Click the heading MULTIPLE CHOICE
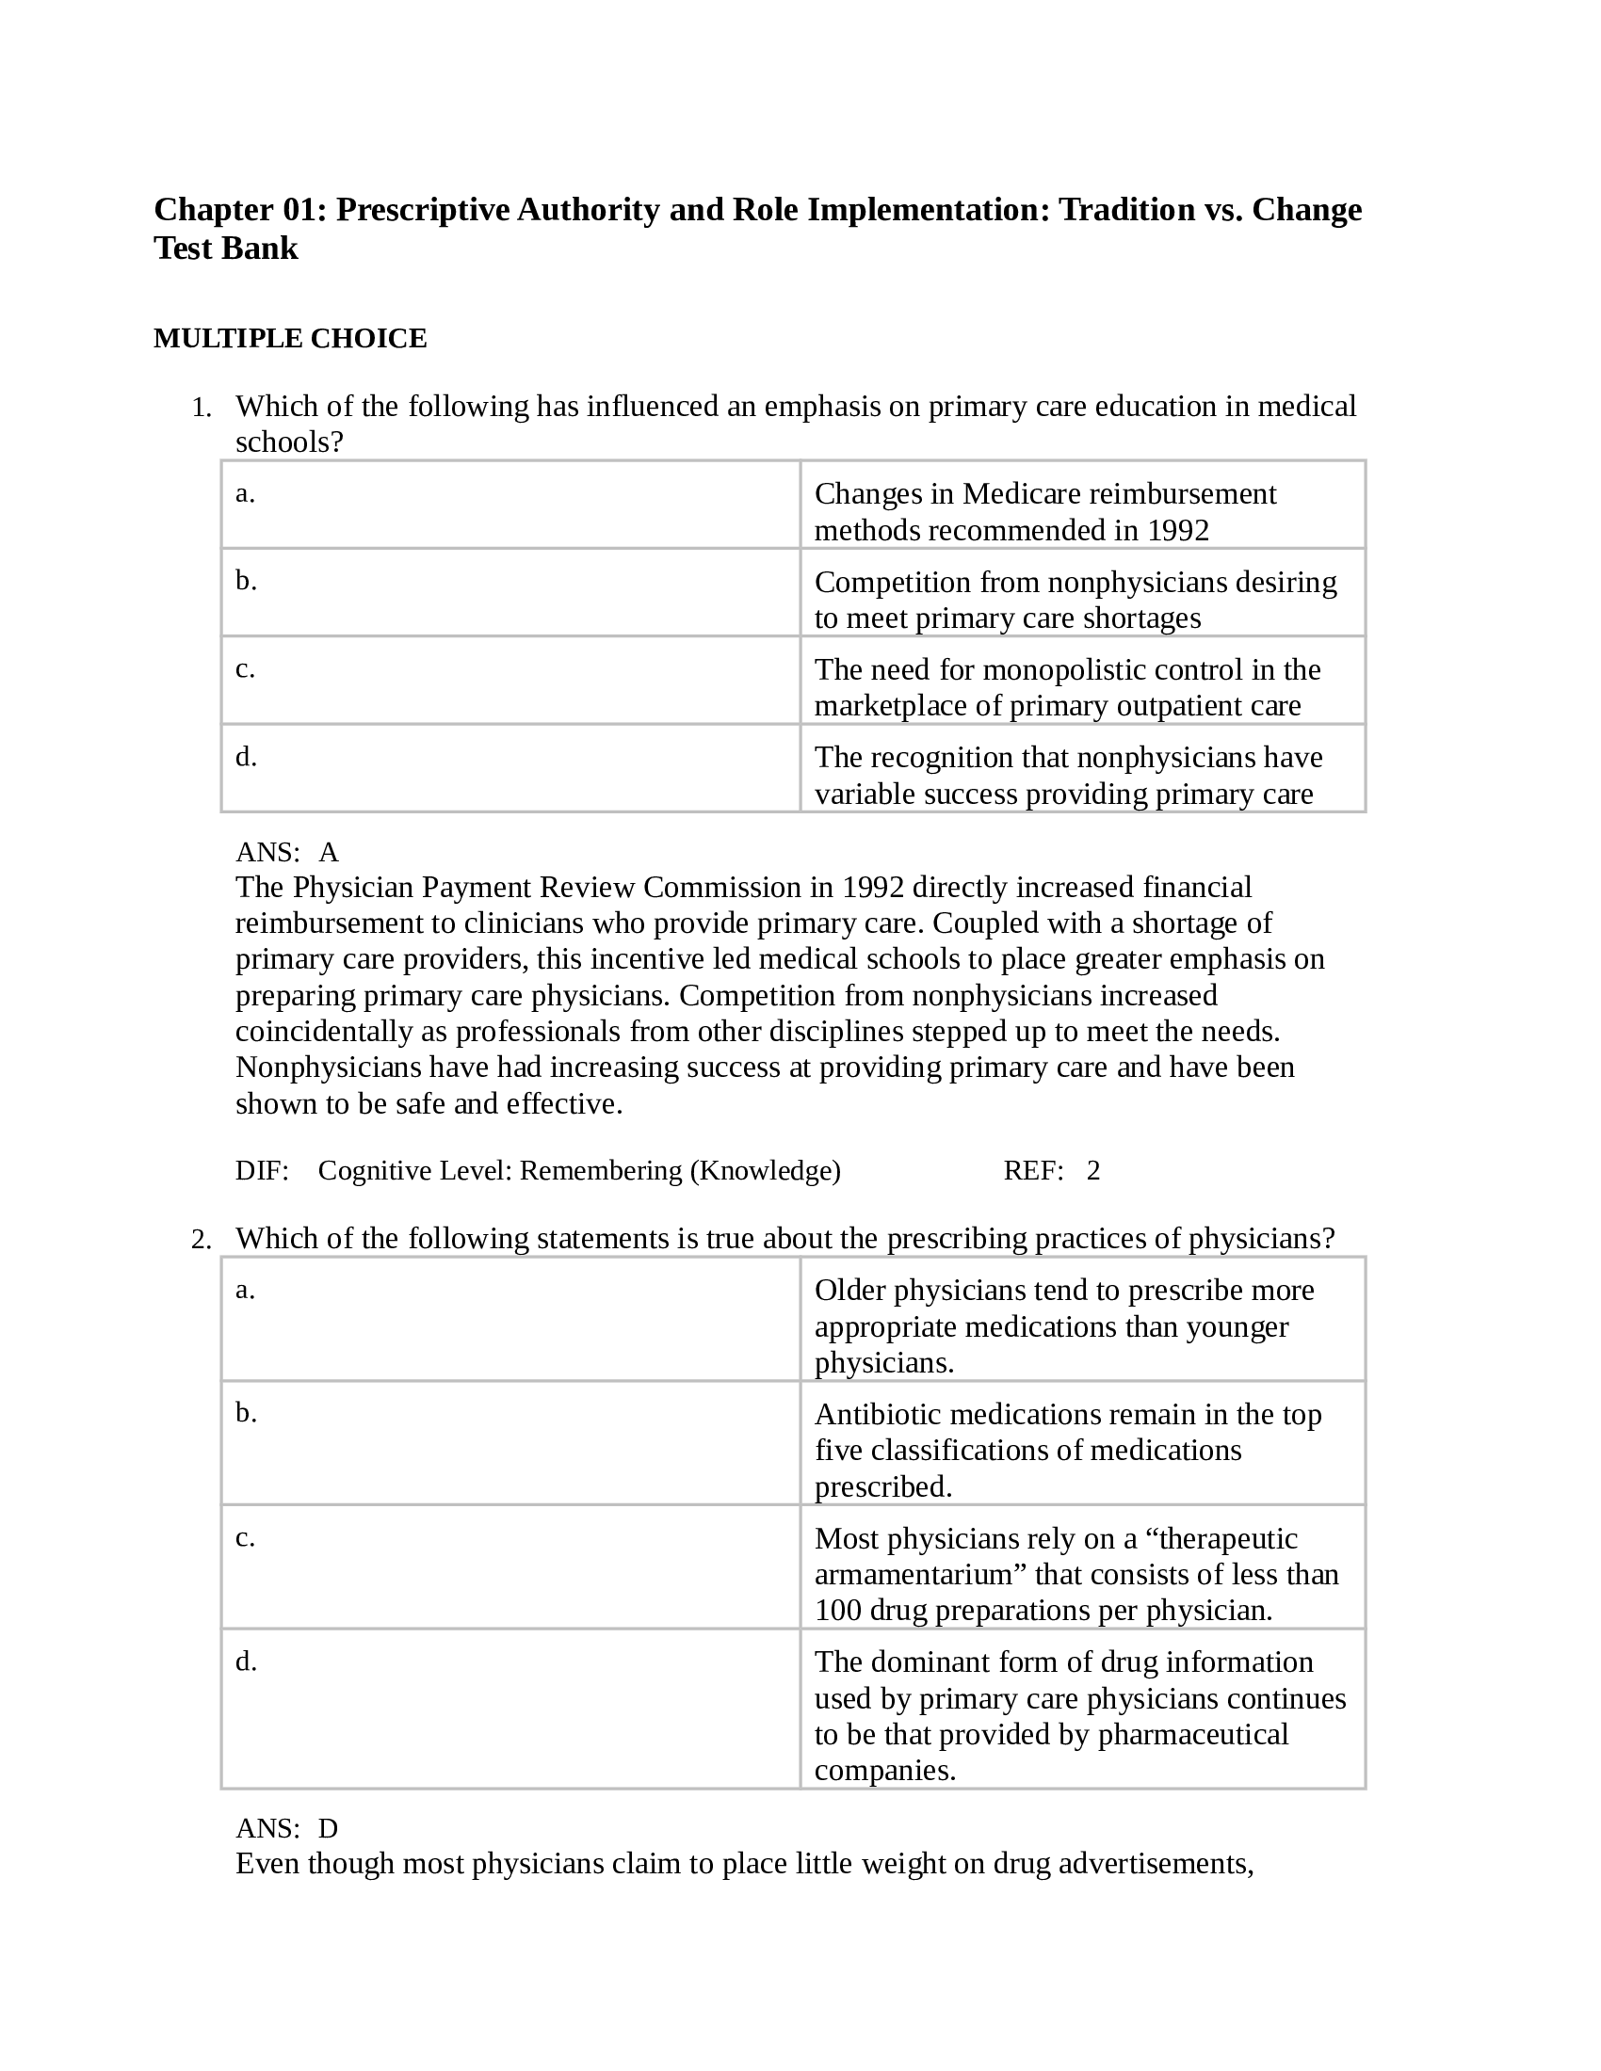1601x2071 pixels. point(290,339)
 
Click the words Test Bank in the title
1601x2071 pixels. point(226,249)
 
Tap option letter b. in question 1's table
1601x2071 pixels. point(246,580)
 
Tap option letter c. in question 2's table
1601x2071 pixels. point(245,1537)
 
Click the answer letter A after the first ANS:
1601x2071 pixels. point(328,853)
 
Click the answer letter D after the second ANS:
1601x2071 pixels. point(328,1828)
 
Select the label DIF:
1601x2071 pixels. point(262,1171)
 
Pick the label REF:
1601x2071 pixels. point(1033,1171)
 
